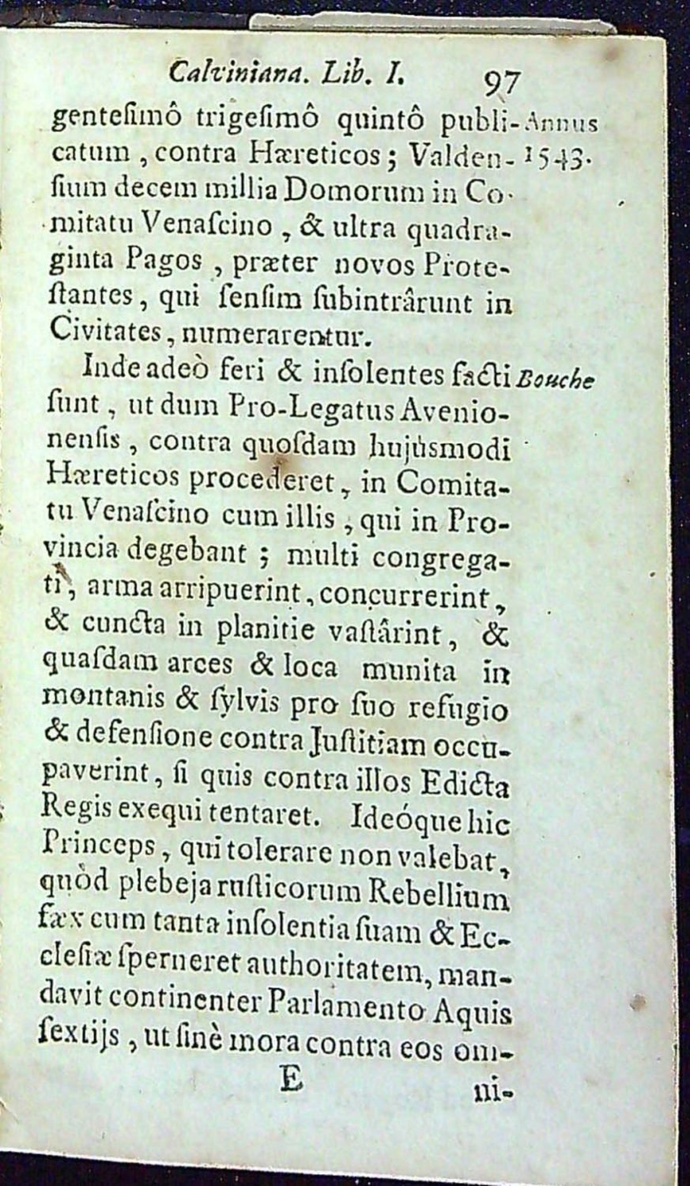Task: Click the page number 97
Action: (x=501, y=81)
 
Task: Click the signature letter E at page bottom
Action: (x=292, y=1082)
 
